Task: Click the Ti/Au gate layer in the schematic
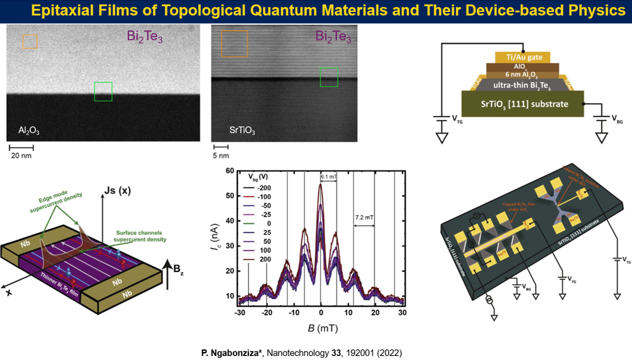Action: (x=522, y=57)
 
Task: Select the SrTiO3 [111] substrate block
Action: (x=522, y=104)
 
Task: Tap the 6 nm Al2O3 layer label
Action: (x=522, y=74)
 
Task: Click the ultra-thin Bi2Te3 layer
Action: (x=522, y=85)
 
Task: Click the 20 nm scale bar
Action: (x=21, y=148)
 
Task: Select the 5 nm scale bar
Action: (x=221, y=148)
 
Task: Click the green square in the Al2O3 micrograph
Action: (x=103, y=91)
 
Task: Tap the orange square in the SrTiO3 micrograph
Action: (x=234, y=43)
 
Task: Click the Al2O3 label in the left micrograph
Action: (x=26, y=131)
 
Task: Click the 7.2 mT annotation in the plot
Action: (x=364, y=219)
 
